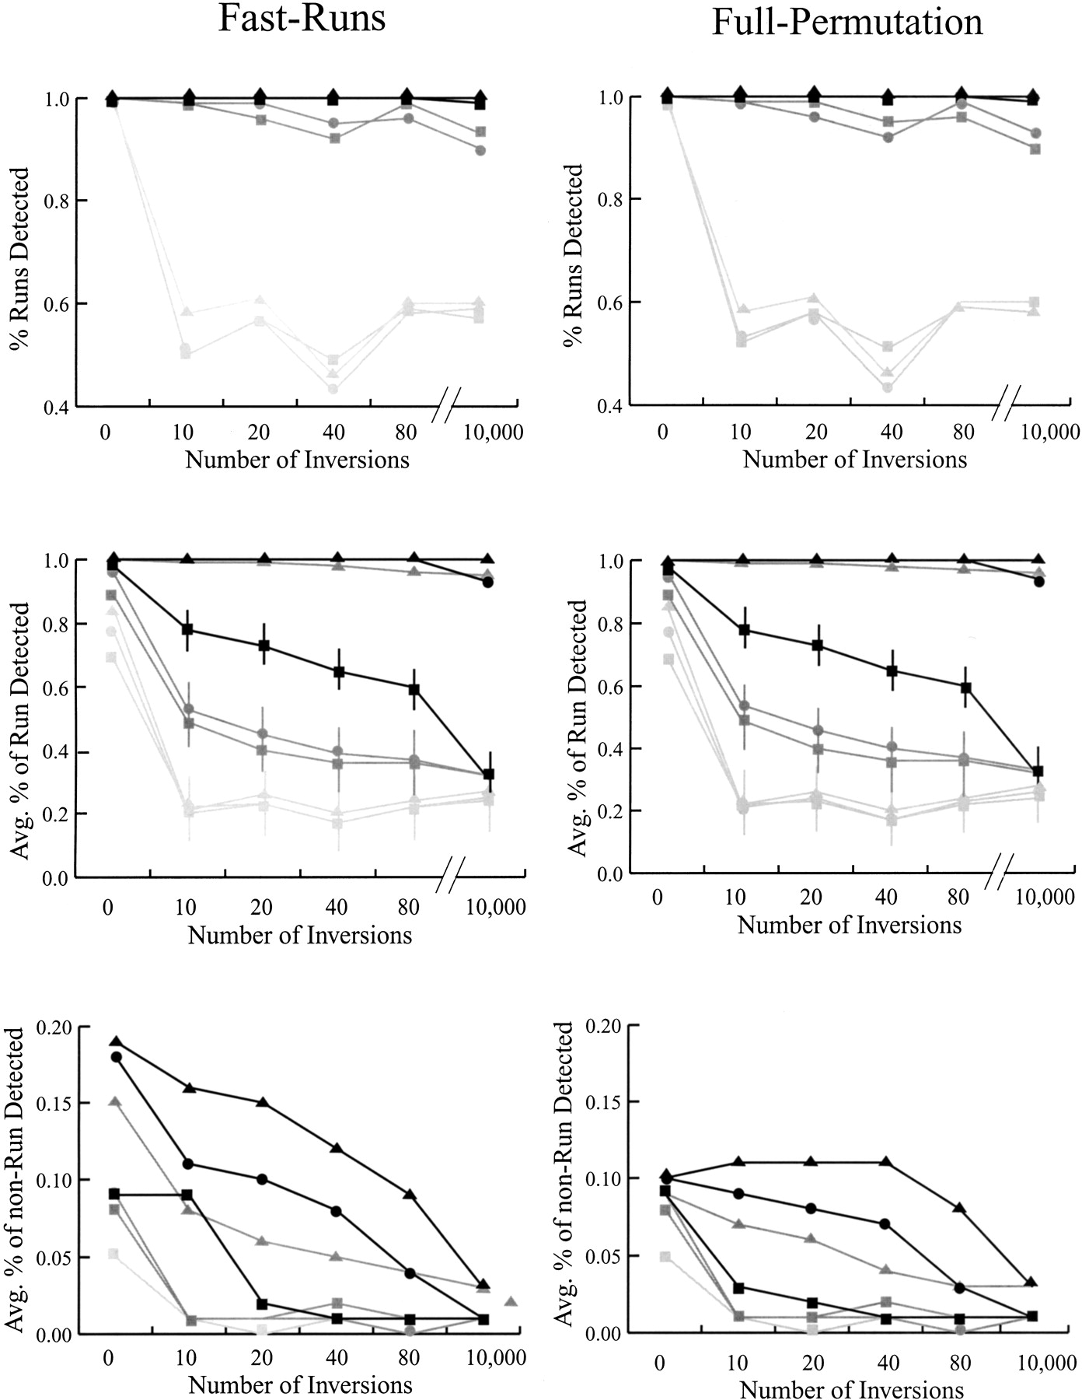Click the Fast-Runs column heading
(x=302, y=19)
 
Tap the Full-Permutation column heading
(x=846, y=22)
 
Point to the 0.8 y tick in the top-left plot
(x=56, y=201)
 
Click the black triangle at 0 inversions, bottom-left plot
(x=116, y=1041)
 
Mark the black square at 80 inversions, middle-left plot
(x=414, y=689)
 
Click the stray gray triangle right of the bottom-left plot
(x=511, y=1300)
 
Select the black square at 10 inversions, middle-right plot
(x=744, y=630)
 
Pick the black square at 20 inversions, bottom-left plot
(x=262, y=1304)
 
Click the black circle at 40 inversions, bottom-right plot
(x=885, y=1223)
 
